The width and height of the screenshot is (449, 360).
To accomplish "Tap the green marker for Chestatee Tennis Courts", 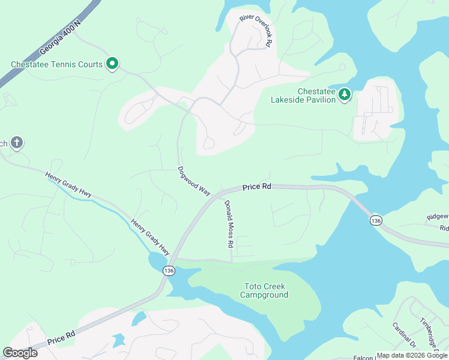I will click(112, 63).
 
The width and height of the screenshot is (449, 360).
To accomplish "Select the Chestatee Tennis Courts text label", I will click(56, 64).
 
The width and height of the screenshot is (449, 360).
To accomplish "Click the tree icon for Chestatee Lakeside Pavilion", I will click(344, 94).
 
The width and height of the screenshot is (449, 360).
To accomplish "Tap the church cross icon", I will click(17, 143).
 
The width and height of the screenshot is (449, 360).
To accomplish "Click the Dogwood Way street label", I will click(194, 180).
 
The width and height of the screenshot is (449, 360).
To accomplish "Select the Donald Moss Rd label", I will click(229, 224).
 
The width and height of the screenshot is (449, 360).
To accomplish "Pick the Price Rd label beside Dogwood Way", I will click(257, 187).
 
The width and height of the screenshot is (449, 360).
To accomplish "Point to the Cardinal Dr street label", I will click(404, 335).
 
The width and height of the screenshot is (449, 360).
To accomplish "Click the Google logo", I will click(20, 352).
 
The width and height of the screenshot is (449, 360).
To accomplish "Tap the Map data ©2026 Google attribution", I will click(411, 355).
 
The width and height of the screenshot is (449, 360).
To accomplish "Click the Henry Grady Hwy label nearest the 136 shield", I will click(150, 236).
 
